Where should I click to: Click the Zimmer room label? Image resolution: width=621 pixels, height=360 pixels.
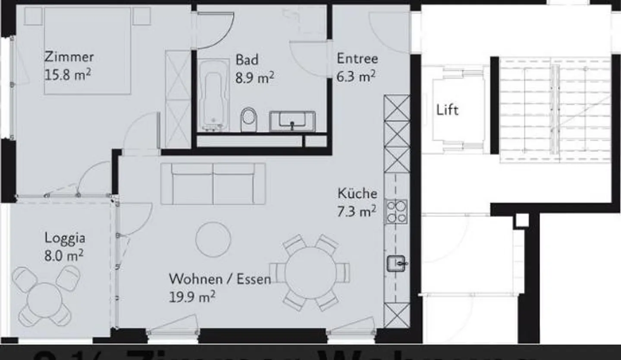69,57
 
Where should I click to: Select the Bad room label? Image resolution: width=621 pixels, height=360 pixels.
247,59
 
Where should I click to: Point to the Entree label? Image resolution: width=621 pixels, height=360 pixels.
357,59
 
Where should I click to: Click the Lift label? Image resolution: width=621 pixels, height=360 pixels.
447,110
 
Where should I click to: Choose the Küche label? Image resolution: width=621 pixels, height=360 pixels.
357,194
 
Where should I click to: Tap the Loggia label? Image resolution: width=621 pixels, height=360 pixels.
65,238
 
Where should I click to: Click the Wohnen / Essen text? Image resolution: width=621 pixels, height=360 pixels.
220,279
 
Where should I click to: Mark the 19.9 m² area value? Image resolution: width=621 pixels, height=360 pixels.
192,297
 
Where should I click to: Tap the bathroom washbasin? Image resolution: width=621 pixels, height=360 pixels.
292,121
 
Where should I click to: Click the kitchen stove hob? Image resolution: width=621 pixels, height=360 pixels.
396,212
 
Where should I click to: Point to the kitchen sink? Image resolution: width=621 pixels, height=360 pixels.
396,263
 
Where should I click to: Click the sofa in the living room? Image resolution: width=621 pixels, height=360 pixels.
213,183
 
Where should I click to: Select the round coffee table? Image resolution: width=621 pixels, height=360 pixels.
213,239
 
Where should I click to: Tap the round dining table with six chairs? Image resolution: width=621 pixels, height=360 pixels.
310,272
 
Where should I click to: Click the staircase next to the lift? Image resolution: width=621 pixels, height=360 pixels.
555,110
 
